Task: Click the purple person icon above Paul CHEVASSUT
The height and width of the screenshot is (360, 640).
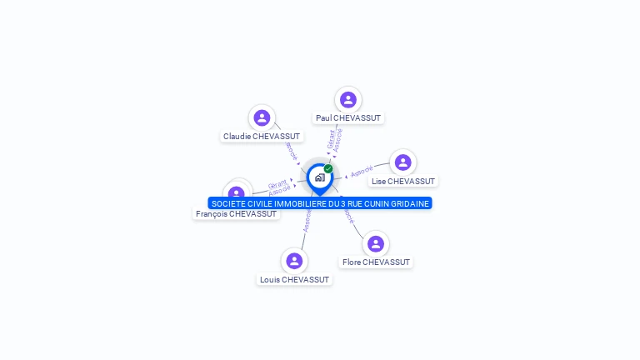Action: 348,100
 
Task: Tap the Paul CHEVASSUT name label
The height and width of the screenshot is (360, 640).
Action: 348,118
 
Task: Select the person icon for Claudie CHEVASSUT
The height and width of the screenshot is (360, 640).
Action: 262,117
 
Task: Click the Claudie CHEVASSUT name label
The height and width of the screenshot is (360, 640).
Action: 262,136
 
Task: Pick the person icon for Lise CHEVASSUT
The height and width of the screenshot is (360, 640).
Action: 402,162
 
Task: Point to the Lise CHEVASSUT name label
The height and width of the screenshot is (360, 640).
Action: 403,181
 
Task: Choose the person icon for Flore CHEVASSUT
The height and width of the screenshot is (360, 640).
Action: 376,243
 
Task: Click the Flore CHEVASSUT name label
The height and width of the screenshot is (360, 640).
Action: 377,262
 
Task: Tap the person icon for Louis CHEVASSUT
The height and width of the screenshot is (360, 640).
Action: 294,261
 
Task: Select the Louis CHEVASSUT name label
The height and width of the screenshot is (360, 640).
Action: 294,280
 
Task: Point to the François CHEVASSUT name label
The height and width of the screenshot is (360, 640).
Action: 236,214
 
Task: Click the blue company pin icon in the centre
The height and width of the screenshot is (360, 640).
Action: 318,177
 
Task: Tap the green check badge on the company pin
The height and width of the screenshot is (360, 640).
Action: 328,168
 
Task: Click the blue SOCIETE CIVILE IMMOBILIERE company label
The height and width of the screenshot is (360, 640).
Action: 320,203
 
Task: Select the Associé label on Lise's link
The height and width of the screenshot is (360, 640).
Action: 362,172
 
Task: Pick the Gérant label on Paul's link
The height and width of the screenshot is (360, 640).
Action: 331,138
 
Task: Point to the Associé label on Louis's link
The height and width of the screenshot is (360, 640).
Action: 307,220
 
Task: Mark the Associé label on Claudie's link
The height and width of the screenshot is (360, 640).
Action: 290,150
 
